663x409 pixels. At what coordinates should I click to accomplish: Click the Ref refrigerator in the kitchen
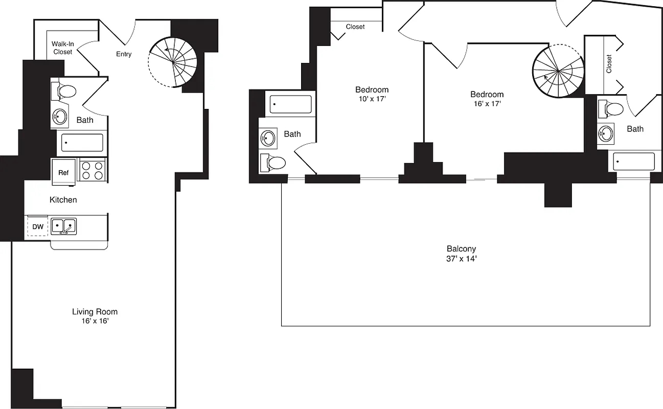pos(63,172)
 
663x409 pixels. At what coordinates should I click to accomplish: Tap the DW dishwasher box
pos(38,226)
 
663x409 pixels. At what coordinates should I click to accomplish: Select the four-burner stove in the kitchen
pos(93,170)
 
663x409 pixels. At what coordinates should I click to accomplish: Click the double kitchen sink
pos(64,226)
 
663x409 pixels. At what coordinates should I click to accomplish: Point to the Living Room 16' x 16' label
pos(95,316)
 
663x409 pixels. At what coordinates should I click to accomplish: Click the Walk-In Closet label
pos(62,48)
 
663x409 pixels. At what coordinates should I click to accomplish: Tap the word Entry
pos(124,54)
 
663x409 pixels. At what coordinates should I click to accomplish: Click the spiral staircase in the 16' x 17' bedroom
pos(558,71)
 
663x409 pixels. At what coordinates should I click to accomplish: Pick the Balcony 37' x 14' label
pos(462,254)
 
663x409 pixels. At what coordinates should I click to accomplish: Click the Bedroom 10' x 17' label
pos(372,94)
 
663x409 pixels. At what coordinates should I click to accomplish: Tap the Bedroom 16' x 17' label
pos(487,99)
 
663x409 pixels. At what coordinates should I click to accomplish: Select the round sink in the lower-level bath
pos(60,117)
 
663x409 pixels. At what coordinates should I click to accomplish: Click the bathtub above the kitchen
pos(82,143)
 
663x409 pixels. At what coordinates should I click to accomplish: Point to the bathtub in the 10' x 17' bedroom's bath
pos(290,104)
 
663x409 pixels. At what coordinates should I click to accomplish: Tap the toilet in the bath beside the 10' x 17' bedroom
pos(273,163)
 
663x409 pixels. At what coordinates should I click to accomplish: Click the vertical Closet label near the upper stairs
pos(609,64)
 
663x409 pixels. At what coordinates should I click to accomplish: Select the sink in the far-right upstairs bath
pos(606,134)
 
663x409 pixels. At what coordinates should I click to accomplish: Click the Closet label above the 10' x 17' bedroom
pos(355,27)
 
